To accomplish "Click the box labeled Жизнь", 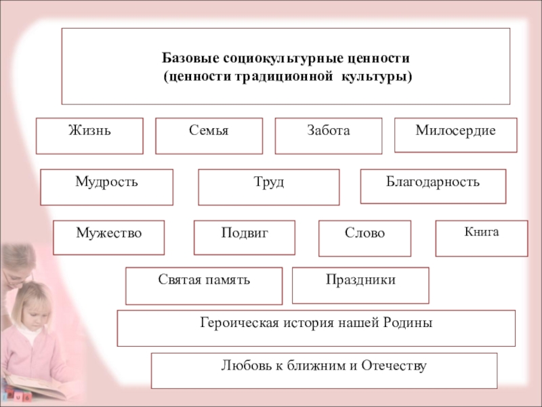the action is pos(89,136).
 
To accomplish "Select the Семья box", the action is pos(209,136).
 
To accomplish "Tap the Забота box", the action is pos(328,136).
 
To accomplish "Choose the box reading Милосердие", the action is pos(455,135).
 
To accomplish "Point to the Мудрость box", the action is pos(106,187).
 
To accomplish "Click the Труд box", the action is pos(268,187).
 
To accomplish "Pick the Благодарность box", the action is pos(433,187).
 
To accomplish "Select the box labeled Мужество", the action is pos(108,237).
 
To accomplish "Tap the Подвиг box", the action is pos(244,237).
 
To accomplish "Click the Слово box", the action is pos(364,238).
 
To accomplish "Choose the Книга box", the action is pos(481,238).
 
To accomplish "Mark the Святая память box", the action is pos(204,286).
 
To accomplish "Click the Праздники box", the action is pos(360,285).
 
